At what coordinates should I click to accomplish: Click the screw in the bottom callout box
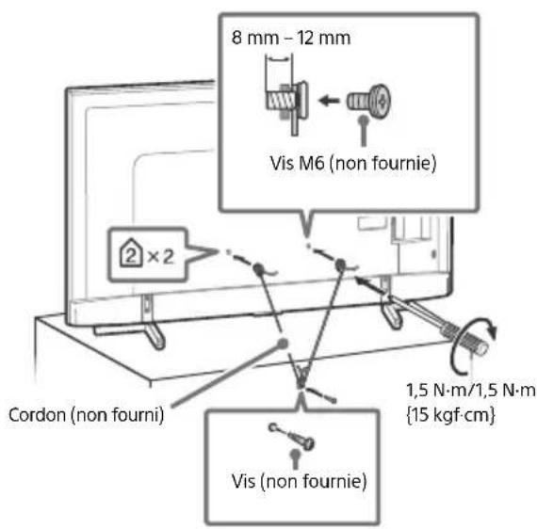click(x=298, y=437)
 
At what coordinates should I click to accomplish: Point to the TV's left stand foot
click(x=144, y=311)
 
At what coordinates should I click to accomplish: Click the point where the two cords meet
click(x=299, y=382)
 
